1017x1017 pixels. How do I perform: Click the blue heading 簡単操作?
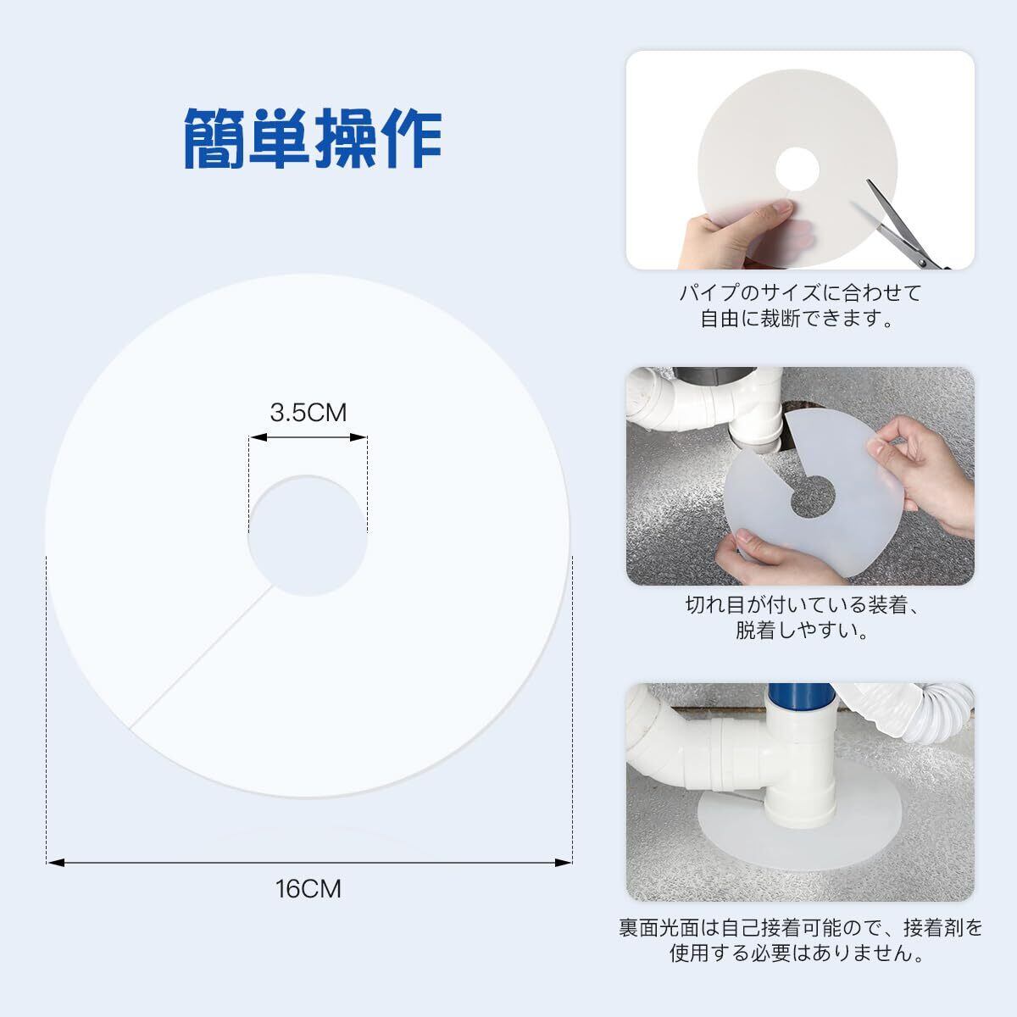[313, 138]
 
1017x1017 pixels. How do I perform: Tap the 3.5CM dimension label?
[308, 413]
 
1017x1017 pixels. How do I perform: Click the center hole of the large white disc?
[308, 535]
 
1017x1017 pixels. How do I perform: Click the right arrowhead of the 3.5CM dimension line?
[358, 437]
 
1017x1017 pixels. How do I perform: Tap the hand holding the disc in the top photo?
[739, 235]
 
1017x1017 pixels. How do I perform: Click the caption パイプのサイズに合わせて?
[800, 293]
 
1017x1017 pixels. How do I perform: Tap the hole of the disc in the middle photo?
[812, 496]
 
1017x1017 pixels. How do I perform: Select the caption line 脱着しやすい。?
[803, 630]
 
